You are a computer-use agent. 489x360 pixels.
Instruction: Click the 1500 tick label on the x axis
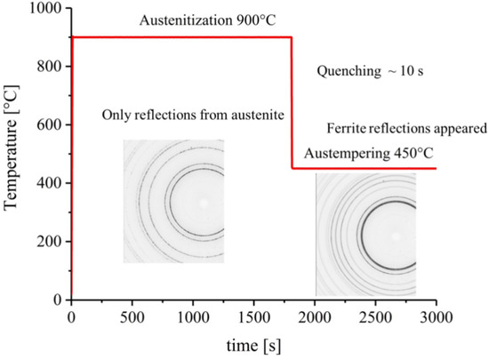253,316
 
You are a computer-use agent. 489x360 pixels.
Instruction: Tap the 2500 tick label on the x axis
375,316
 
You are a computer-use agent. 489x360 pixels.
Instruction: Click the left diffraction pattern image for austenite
173,201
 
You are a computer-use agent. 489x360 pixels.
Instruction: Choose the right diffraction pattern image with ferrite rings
365,235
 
